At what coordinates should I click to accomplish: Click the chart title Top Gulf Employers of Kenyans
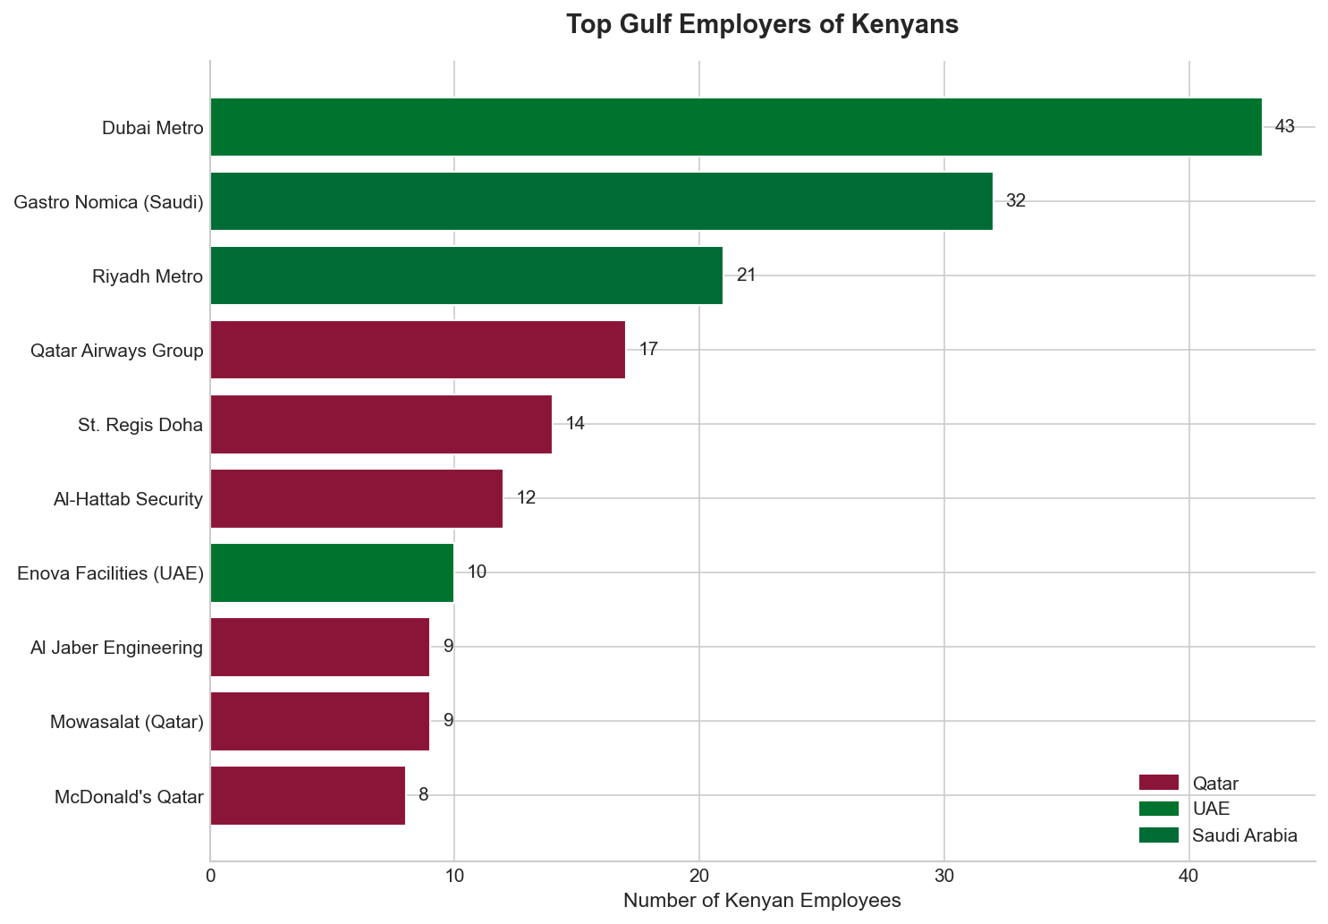[762, 25]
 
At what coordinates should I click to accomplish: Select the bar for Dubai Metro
[735, 127]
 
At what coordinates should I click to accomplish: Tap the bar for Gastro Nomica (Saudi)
[601, 201]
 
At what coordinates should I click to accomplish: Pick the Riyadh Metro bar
[466, 276]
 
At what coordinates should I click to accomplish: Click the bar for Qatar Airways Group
[417, 350]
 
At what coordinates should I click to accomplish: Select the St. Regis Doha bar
[380, 424]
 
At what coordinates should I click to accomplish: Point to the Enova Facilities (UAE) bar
[332, 572]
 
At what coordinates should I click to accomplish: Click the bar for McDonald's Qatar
[308, 795]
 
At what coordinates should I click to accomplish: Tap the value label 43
[1284, 127]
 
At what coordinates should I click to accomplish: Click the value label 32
[1015, 201]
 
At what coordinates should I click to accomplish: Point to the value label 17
[648, 350]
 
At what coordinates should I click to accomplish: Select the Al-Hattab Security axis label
[128, 499]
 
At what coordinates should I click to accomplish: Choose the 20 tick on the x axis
[699, 878]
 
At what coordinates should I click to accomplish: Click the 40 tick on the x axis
[1188, 878]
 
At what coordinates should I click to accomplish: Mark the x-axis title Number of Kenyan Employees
[762, 901]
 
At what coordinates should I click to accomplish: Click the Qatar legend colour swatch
[1159, 784]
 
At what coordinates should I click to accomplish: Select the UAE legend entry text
[1212, 810]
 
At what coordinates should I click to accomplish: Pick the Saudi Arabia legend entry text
[1244, 835]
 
